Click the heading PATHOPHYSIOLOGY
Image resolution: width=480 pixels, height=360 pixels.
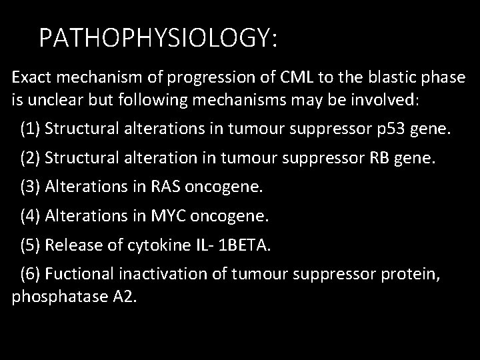(x=157, y=38)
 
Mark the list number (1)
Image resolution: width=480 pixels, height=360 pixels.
(x=31, y=128)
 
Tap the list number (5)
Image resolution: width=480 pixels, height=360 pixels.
(x=31, y=245)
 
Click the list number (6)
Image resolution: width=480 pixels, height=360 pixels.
(x=31, y=274)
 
